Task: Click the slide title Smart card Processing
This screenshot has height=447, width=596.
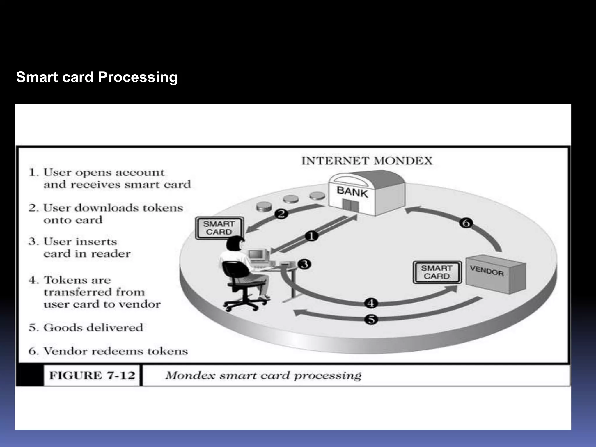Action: coord(97,77)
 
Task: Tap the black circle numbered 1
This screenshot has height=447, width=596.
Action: coord(311,236)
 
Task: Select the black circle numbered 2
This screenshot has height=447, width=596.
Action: coord(281,214)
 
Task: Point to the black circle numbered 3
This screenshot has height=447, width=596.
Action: coord(304,264)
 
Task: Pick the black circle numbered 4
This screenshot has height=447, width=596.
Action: coord(371,303)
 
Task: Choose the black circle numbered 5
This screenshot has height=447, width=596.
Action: coord(371,320)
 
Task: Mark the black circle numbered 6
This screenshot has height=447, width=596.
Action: coord(466,223)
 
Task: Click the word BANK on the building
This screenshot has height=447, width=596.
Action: coord(352,192)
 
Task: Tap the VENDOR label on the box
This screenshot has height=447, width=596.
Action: coord(487,271)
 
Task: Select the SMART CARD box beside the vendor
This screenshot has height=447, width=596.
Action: coord(437,272)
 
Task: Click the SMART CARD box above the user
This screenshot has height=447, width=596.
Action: coord(219,228)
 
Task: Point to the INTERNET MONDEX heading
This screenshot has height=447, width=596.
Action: coord(367,161)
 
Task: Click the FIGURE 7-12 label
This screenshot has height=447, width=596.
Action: coord(92,375)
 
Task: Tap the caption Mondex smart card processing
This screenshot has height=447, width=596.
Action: coord(263,375)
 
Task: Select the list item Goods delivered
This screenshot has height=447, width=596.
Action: coord(86,328)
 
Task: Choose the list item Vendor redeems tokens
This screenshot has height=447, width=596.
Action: coord(108,351)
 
